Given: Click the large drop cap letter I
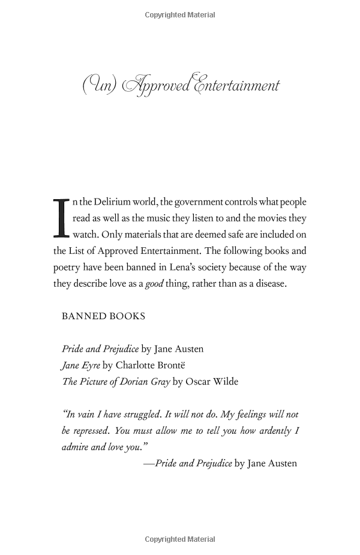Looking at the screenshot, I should coord(62,217).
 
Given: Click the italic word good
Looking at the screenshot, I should coord(154,284).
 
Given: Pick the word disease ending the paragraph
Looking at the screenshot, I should coord(268,284).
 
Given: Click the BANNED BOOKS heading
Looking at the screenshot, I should coord(103,316).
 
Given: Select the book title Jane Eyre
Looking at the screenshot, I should coord(81,365).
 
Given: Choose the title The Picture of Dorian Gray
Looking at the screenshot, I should coord(116,381).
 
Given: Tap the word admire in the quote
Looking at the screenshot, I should coord(75,447).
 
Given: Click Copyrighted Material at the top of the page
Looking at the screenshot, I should coord(180,15).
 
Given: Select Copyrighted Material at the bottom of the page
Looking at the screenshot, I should coord(180,539).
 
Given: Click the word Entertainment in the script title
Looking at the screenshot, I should coord(236,85).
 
